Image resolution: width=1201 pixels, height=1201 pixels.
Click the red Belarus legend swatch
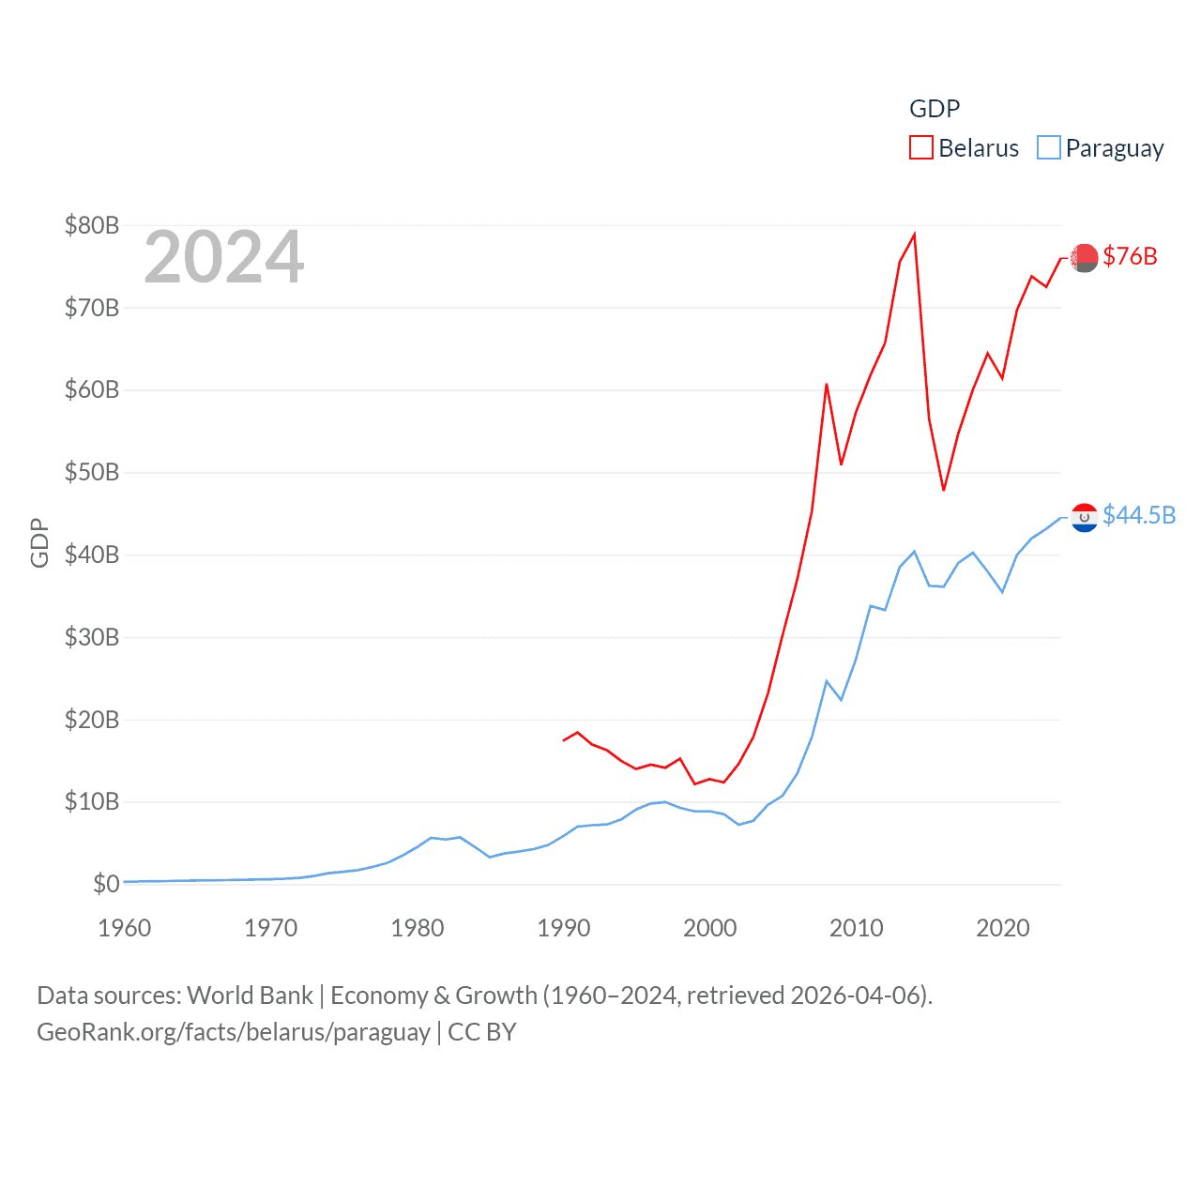coord(921,148)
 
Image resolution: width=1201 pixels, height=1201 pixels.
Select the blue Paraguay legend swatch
coord(1049,148)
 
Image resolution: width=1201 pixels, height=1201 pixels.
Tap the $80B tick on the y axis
coord(92,225)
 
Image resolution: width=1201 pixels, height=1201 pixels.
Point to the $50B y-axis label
coord(92,472)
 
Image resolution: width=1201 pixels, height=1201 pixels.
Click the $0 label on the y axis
coord(106,884)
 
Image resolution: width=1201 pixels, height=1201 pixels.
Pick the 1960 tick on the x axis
coord(125,928)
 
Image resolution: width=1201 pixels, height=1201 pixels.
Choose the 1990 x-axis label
coord(564,928)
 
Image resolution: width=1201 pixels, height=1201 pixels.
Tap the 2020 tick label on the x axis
coord(1003,928)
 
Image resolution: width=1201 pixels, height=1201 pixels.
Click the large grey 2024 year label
coord(224,257)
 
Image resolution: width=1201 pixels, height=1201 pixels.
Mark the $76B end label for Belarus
coord(1130,256)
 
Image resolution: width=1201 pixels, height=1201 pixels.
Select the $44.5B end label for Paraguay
coord(1139,515)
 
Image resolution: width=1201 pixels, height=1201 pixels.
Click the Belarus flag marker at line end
coord(1085,257)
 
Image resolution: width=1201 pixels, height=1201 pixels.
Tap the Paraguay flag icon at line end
coord(1085,517)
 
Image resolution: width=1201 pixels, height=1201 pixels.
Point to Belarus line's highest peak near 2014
coord(915,235)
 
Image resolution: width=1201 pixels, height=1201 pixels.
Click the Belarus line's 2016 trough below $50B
coord(944,490)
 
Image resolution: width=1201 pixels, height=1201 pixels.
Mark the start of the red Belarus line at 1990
coord(564,740)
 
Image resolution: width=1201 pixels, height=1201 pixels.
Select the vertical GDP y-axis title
coord(39,542)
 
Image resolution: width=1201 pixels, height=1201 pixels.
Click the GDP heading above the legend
coord(935,109)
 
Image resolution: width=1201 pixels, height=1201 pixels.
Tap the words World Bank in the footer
coord(251,995)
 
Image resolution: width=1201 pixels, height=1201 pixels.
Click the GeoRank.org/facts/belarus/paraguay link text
coord(234,1032)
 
